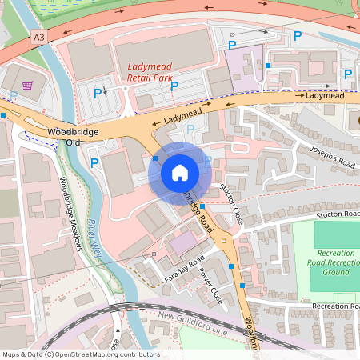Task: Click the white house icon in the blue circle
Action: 180,172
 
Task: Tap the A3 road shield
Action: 39,36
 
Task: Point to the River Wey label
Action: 97,237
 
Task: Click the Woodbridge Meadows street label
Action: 70,213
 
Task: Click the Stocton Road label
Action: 337,214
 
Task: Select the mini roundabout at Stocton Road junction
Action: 224,239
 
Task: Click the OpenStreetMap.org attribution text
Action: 80,354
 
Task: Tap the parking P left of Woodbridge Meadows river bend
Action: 95,163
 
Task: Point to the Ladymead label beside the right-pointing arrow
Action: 324,95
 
